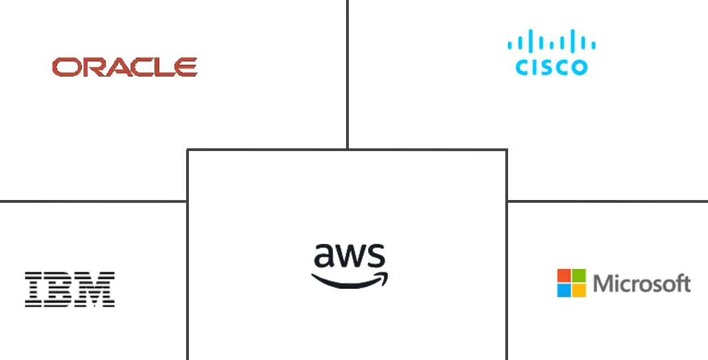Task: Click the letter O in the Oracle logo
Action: click(64, 67)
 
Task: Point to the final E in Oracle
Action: click(186, 67)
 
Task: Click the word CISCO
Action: click(552, 67)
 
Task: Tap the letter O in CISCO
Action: click(578, 67)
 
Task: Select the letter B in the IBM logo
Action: click(57, 289)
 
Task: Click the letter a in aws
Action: click(324, 256)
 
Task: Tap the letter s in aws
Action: click(376, 257)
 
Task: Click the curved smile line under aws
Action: click(345, 281)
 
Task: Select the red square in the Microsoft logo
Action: click(564, 275)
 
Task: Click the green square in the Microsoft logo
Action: click(579, 275)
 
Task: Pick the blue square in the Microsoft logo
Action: click(564, 290)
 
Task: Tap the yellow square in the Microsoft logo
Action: click(579, 290)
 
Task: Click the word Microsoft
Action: click(641, 283)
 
